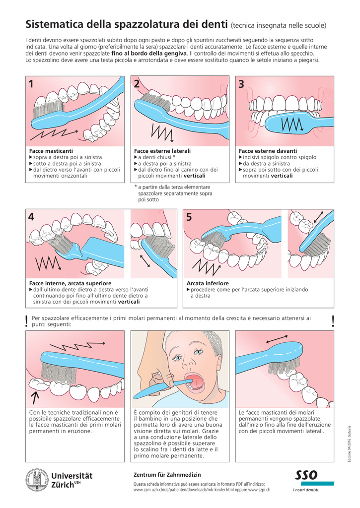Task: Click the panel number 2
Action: (x=137, y=85)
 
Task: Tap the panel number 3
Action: (x=241, y=85)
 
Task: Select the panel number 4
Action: (x=32, y=217)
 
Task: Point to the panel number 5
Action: (x=189, y=217)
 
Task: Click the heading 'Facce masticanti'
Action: (x=51, y=151)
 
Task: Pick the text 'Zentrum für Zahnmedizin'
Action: (x=162, y=475)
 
